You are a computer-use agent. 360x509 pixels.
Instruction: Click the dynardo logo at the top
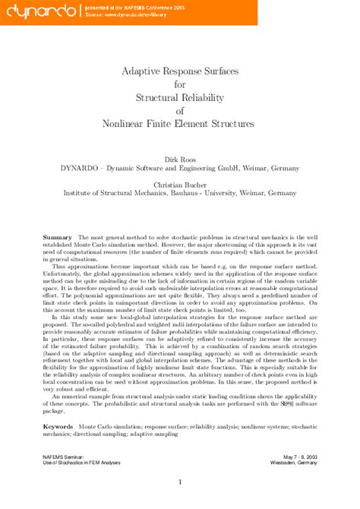click(39, 10)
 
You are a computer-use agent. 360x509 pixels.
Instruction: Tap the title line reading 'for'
click(180, 84)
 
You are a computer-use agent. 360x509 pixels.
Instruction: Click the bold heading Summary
click(57, 237)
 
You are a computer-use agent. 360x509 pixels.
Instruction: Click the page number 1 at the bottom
click(180, 481)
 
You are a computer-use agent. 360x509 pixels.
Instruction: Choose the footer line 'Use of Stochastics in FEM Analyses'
click(85, 461)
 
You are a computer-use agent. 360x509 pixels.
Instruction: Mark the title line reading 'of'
click(180, 110)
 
